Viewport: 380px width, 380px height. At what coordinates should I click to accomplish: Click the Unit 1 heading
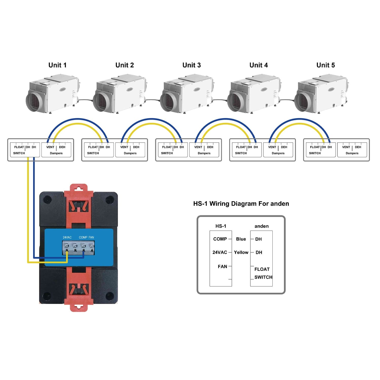pos(58,65)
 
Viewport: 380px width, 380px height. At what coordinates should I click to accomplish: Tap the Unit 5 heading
pos(326,65)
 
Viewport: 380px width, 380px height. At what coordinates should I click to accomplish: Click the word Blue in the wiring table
pos(241,239)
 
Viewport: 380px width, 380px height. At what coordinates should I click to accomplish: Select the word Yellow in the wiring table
pos(241,252)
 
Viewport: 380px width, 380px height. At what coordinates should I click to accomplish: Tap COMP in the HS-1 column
pos(220,239)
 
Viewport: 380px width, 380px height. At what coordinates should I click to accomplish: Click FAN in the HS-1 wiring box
pos(222,267)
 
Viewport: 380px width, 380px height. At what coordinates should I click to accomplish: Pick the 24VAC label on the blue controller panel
pos(67,237)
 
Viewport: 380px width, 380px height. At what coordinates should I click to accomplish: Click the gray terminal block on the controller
pos(79,248)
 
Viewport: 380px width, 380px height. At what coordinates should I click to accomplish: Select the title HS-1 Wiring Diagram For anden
pos(241,204)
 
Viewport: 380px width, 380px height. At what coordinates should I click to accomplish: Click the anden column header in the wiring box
pos(261,226)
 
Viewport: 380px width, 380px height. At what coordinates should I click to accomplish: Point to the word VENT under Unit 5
pos(346,147)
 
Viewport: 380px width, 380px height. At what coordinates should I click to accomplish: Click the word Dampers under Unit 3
pos(204,153)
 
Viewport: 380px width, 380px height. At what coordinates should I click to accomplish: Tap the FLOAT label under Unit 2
pos(93,147)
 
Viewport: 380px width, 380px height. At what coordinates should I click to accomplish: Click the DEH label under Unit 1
pos(62,147)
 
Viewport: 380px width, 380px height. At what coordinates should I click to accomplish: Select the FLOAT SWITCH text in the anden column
pos(263,273)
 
